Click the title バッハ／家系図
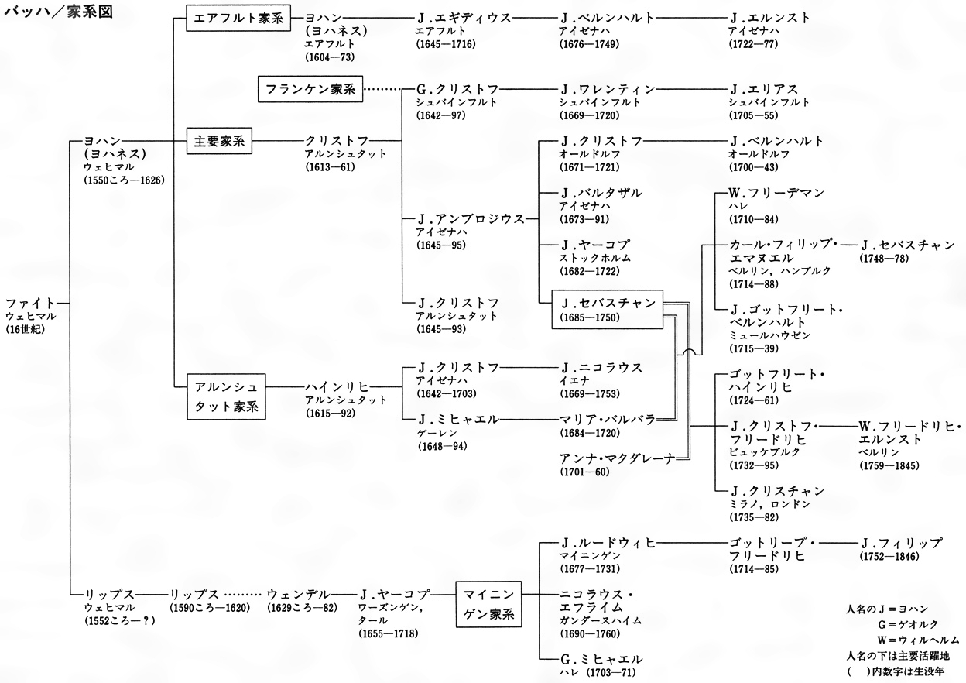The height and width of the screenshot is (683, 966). pos(57,15)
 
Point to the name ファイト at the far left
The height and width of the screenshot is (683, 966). pos(29,303)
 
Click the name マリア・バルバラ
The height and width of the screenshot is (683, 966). pos(607,419)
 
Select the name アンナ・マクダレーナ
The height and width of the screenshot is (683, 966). pos(617,457)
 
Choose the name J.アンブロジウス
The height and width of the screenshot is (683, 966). pos(471,218)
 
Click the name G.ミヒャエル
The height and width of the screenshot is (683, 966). pos(601,659)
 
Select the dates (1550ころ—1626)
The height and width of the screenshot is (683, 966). pos(124,180)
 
